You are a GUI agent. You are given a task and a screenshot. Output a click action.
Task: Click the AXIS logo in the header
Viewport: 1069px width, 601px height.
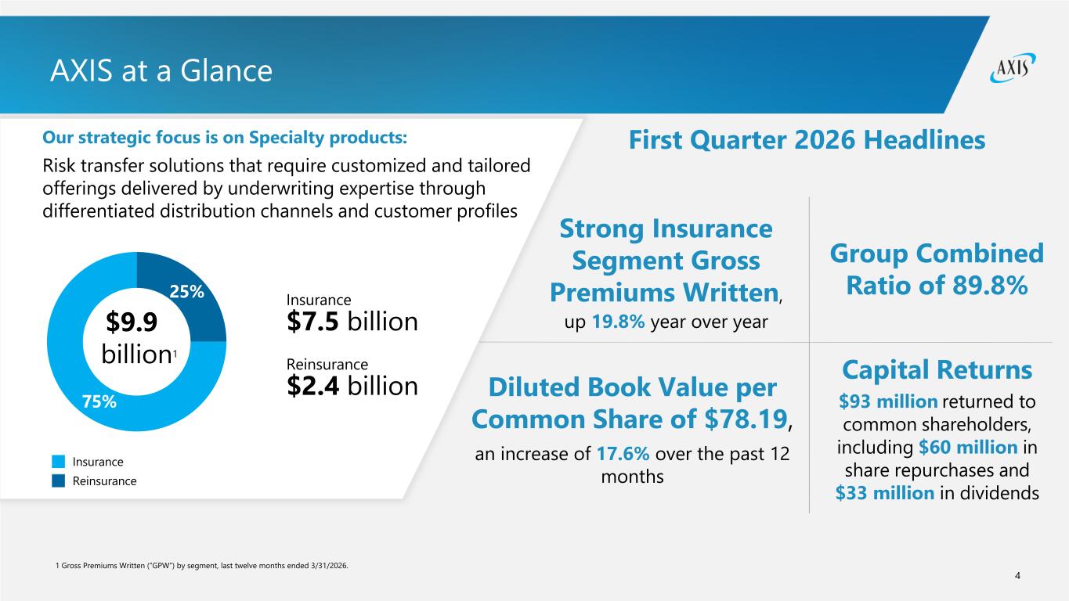(1013, 68)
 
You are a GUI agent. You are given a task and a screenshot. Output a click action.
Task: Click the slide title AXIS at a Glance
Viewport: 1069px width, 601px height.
(161, 70)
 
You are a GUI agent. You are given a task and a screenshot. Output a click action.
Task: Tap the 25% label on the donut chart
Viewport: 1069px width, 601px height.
(186, 291)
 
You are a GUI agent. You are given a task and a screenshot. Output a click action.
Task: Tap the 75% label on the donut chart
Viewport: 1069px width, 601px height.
(99, 401)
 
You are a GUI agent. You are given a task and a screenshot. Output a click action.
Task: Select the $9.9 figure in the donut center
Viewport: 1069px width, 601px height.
(132, 322)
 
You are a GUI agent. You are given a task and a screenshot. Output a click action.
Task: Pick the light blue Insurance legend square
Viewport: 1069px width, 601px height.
(58, 462)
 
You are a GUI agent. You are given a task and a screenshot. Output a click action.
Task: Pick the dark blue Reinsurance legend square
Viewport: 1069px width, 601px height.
(58, 480)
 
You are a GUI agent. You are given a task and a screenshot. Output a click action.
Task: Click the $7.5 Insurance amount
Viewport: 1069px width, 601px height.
(312, 322)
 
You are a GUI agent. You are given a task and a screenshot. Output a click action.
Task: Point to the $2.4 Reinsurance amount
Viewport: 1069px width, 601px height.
(312, 386)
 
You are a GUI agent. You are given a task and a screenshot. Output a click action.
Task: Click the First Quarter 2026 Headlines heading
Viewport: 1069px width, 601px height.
(807, 140)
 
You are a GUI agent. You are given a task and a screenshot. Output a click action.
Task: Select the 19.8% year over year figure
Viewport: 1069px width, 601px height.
(618, 322)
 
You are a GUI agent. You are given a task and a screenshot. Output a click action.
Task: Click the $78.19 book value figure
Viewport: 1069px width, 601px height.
(746, 419)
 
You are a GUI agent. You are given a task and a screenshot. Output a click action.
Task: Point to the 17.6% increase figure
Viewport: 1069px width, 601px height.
(623, 454)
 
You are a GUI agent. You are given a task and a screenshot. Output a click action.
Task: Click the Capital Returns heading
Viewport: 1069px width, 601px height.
(937, 370)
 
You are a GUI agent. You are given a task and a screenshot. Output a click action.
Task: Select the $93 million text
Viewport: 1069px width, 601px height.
(888, 401)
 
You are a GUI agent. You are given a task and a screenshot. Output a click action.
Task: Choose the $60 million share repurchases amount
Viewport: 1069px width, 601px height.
(968, 448)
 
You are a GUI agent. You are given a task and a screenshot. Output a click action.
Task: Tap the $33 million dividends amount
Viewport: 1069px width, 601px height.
(885, 493)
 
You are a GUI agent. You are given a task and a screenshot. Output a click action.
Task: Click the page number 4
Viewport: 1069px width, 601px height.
(1017, 576)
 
